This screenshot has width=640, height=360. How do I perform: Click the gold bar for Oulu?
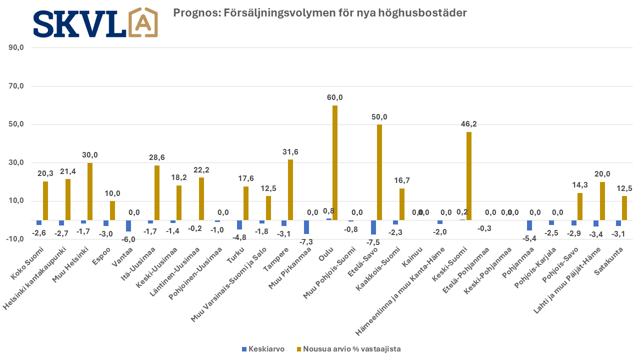click(335, 162)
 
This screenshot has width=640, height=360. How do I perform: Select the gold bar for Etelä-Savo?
click(379, 172)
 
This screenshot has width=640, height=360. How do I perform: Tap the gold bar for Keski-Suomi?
click(469, 176)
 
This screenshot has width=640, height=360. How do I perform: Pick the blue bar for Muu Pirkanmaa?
click(306, 227)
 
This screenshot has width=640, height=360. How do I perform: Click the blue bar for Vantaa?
click(128, 225)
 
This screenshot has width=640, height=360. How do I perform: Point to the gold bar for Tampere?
click(290, 190)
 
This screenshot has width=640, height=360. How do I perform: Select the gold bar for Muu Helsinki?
click(90, 191)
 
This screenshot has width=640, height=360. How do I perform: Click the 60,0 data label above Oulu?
click(335, 97)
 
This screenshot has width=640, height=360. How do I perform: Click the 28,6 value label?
click(157, 157)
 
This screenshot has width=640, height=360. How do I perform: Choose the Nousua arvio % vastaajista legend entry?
click(349, 349)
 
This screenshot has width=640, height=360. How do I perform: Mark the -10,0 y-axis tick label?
click(15, 239)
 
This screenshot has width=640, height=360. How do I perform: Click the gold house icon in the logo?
click(143, 22)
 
